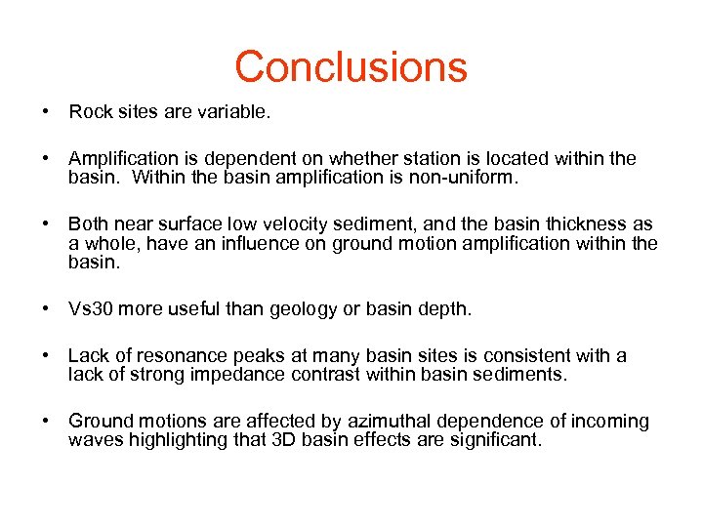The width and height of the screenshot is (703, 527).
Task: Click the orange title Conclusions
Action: pyautogui.click(x=351, y=66)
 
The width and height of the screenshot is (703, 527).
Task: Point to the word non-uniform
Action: pyautogui.click(x=459, y=178)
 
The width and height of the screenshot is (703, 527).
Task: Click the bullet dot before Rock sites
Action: pyautogui.click(x=46, y=112)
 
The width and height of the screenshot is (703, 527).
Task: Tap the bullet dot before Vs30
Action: pyautogui.click(x=46, y=309)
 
